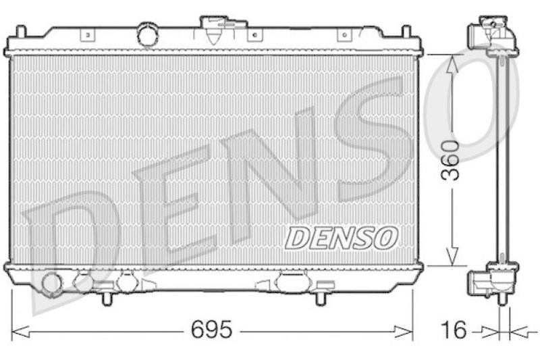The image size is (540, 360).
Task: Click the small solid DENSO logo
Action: [342, 238]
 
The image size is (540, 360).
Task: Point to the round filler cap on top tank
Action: [146, 34]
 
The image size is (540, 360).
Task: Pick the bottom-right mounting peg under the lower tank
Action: [320, 297]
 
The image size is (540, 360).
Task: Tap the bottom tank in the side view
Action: [495, 279]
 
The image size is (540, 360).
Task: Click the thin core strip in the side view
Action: [502, 162]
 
